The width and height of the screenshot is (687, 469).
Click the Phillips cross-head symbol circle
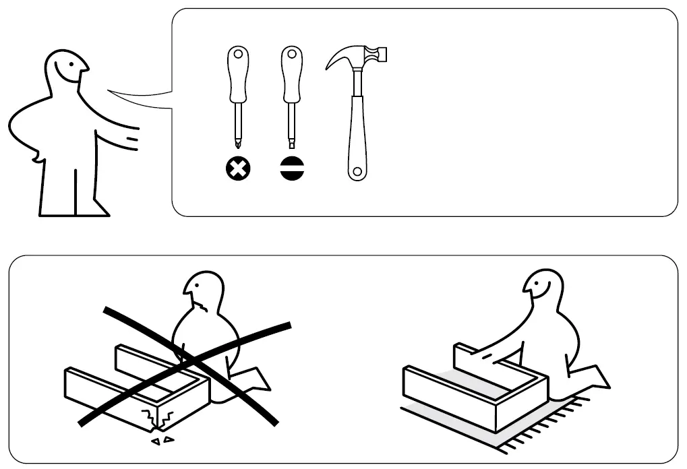coord(237,170)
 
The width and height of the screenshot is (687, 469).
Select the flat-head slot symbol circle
coord(292,170)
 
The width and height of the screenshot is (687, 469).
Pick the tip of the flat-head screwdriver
coord(292,144)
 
